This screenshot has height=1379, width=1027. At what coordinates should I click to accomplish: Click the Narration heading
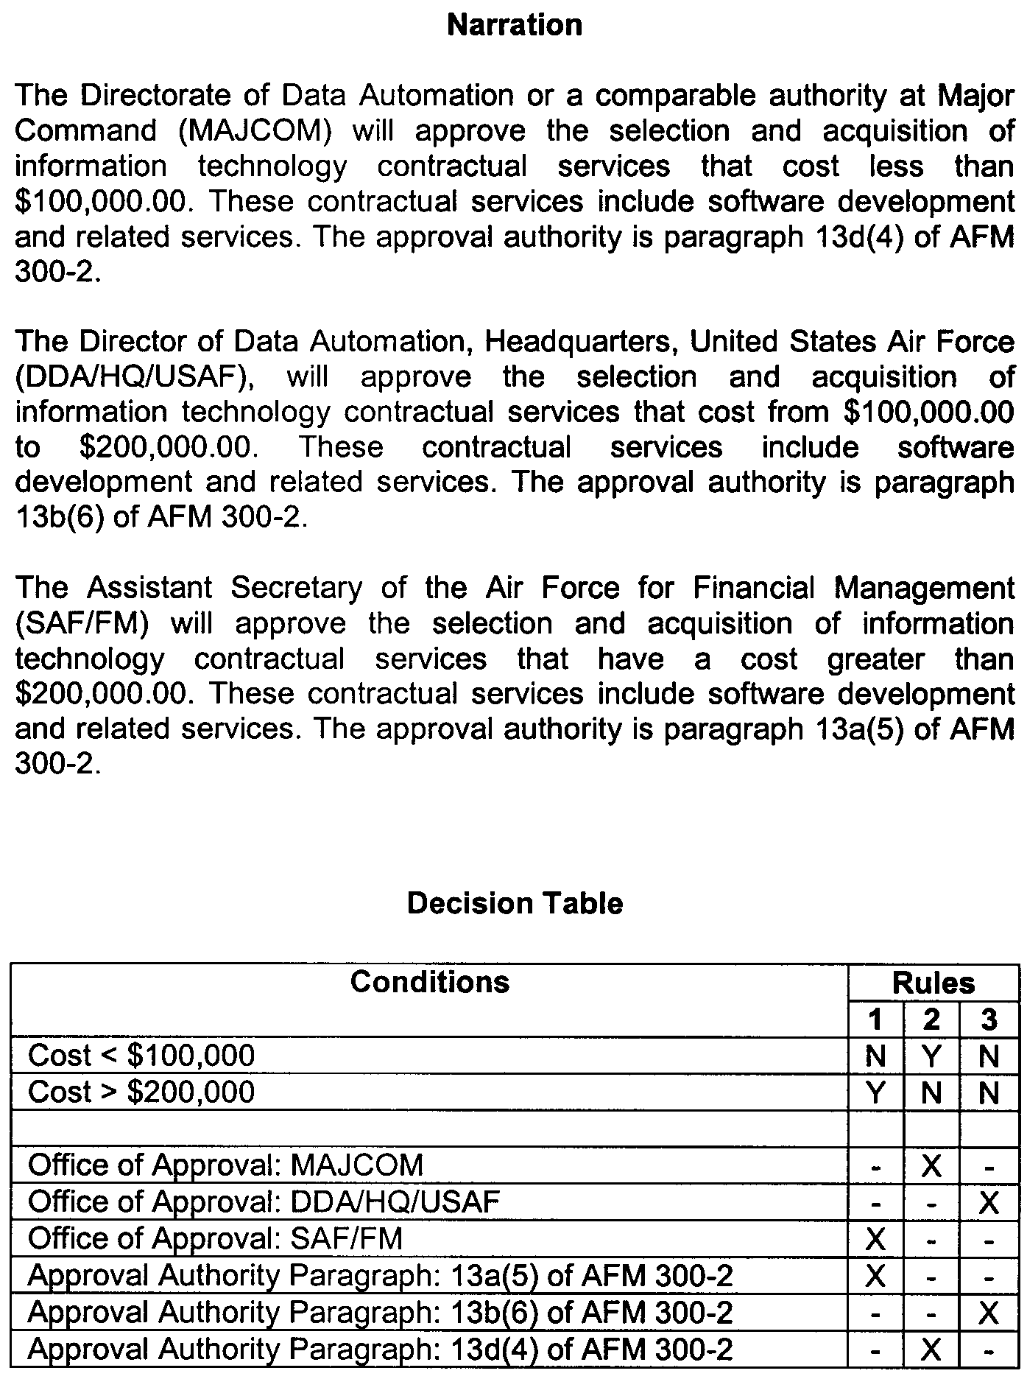[515, 26]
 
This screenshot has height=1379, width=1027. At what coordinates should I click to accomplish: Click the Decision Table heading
[515, 903]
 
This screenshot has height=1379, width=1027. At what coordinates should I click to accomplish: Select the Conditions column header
[429, 982]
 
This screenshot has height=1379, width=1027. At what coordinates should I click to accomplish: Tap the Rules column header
[933, 983]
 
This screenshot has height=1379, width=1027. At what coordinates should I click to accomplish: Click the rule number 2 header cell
[931, 1020]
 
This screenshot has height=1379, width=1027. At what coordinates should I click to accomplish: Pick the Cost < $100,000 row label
[141, 1056]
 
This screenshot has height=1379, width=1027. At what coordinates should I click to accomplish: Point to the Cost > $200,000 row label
[141, 1092]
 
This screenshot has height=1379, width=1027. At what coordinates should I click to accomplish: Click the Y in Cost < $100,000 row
[931, 1056]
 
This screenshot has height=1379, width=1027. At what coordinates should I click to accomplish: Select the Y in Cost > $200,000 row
[875, 1092]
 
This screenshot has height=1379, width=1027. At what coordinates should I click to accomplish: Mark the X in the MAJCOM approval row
[931, 1165]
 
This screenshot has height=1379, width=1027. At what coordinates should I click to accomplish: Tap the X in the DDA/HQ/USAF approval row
[989, 1202]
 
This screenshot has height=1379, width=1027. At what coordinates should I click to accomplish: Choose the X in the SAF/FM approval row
[875, 1239]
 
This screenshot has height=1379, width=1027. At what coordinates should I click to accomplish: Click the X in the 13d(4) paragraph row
[931, 1350]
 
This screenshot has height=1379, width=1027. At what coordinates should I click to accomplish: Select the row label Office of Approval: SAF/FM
[215, 1238]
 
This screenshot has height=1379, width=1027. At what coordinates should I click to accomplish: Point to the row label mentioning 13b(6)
[380, 1312]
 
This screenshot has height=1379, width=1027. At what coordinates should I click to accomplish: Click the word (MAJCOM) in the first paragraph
[255, 132]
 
